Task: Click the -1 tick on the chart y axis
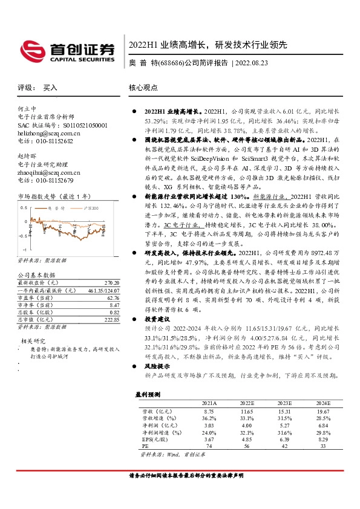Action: (x=24, y=249)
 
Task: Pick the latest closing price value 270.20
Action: (x=111, y=282)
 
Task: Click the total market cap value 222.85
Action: (x=111, y=319)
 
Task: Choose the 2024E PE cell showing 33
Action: (x=322, y=446)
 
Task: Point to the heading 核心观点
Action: (x=143, y=88)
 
